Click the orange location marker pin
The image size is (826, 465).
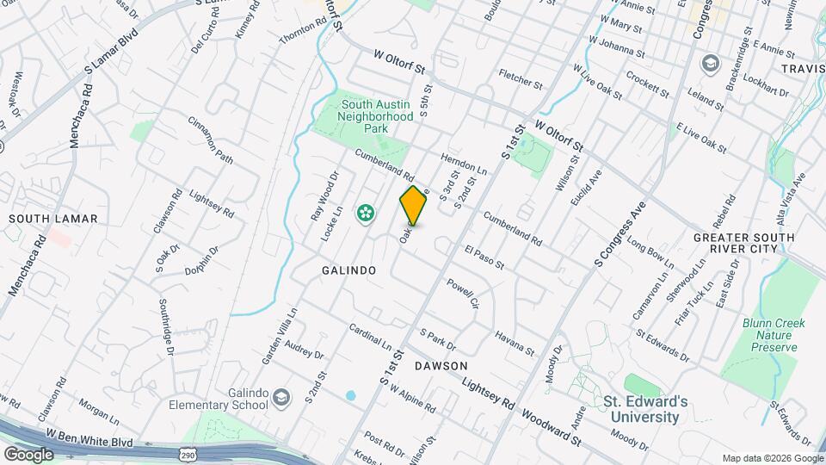click(414, 205)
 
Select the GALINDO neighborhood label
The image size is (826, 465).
click(348, 270)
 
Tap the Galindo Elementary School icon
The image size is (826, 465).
click(281, 397)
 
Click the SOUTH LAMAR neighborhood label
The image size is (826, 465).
click(53, 219)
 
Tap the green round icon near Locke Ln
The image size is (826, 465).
click(366, 213)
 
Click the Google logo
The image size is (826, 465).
click(28, 455)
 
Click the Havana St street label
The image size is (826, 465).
click(515, 342)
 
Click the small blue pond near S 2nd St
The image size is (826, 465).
click(350, 397)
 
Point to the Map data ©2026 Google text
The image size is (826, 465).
click(771, 458)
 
